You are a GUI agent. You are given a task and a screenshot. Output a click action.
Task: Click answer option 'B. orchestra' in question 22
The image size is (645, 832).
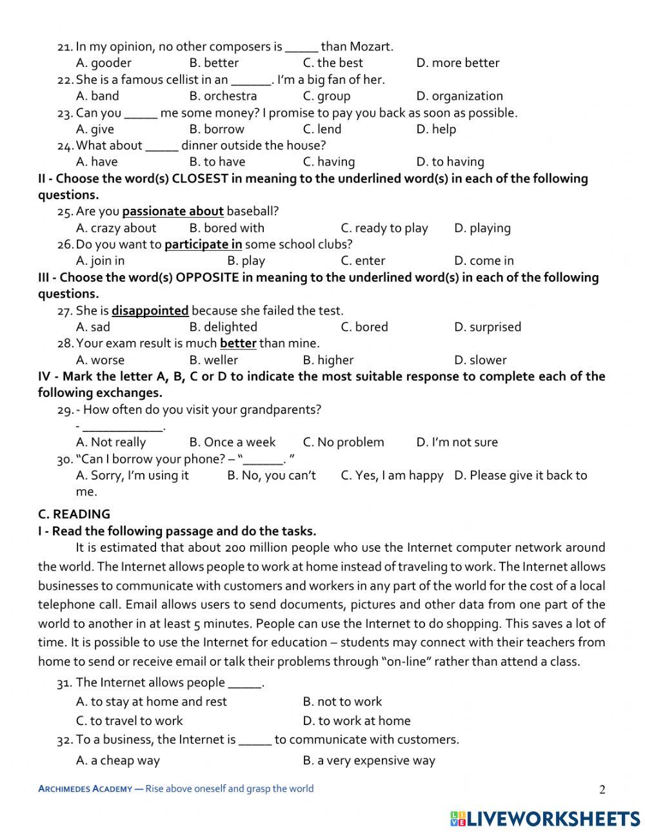[x=223, y=96]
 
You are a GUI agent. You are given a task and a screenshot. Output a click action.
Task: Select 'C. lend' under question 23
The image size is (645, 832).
[x=322, y=129]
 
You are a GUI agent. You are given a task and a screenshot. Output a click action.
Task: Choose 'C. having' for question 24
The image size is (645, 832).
[x=328, y=162]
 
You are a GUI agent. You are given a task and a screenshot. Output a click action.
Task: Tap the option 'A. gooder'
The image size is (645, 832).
[x=103, y=63]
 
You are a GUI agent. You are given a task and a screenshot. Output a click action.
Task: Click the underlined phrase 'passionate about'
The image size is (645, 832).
[x=173, y=211]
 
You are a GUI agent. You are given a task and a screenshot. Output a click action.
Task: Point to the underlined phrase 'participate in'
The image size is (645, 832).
[x=203, y=244]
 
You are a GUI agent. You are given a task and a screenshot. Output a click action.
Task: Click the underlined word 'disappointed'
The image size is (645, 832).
[x=150, y=311]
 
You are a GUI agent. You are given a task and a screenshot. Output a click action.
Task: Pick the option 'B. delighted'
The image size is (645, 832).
[x=223, y=327]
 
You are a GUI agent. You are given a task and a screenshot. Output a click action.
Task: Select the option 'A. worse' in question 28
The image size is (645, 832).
[x=100, y=360]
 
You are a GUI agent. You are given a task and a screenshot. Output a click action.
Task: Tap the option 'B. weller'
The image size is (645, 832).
[x=213, y=360]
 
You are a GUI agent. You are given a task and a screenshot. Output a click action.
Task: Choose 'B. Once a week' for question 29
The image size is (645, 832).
[x=232, y=442]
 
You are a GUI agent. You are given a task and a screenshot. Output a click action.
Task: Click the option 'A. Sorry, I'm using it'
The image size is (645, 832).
[x=132, y=476]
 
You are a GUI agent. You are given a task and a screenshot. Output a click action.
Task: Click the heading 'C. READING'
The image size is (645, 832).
[x=74, y=514]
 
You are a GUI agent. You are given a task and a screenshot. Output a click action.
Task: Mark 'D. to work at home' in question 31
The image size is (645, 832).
[x=356, y=721]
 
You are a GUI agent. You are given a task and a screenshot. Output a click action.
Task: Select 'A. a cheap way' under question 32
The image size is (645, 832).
[x=117, y=760]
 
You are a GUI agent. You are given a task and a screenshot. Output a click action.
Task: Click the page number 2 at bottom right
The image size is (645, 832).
[x=602, y=789]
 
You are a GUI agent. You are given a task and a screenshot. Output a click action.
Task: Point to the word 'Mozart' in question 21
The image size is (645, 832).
[x=371, y=46]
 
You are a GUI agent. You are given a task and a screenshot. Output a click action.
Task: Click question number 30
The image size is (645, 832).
[x=64, y=460]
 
